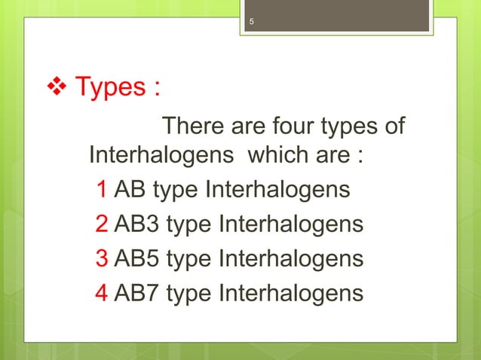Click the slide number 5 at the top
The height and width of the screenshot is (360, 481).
tap(253, 21)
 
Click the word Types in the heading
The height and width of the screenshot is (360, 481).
tap(108, 88)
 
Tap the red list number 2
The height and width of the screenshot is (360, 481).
tap(101, 224)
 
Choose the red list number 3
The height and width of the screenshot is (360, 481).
tap(101, 258)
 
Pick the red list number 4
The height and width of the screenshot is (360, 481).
tap(101, 292)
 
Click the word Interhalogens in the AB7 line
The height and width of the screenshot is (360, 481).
tap(290, 292)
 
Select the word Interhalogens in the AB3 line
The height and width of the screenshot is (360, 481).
tap(290, 224)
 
